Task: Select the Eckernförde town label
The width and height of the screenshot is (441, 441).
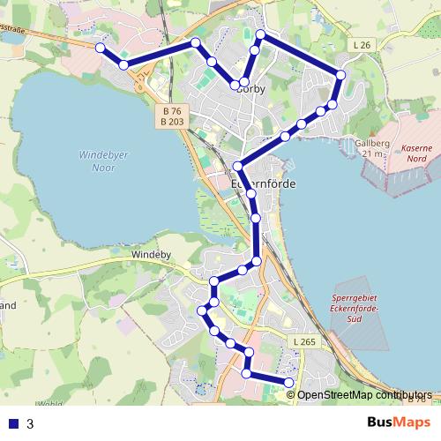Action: coord(262,183)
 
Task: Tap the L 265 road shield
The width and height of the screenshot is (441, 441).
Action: coord(303,340)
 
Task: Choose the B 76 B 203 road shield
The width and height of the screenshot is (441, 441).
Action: coord(173,116)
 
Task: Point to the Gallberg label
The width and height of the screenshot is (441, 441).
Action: coord(370,146)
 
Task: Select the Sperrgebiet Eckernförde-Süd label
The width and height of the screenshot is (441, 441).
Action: coord(355,309)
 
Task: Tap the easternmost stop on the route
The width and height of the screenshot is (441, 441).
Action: coord(340,74)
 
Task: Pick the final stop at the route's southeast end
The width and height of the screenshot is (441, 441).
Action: coord(289,381)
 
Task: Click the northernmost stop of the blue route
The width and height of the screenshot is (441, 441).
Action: coord(261,35)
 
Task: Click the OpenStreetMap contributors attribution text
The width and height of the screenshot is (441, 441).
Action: coord(363,395)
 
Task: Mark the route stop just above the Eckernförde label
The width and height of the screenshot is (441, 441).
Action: coord(238,167)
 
